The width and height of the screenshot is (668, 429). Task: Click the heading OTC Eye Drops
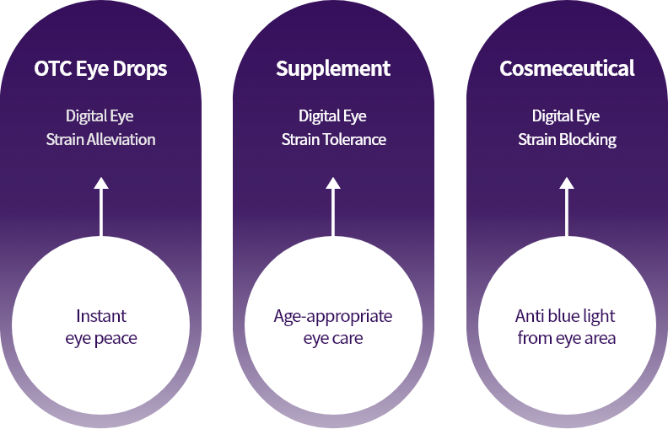click(100, 69)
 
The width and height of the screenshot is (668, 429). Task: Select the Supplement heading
click(333, 69)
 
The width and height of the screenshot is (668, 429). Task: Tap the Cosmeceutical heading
click(567, 69)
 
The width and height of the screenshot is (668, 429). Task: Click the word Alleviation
click(121, 140)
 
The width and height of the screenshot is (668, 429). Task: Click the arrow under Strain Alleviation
click(101, 207)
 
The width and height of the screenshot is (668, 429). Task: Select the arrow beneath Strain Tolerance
click(333, 207)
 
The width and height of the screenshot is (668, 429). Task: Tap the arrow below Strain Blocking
click(567, 207)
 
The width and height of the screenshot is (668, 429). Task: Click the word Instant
click(101, 317)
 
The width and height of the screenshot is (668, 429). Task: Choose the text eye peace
click(101, 339)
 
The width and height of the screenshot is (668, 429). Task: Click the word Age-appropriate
click(333, 317)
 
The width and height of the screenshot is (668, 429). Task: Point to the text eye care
click(333, 339)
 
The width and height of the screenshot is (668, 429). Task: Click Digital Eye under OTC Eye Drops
click(100, 116)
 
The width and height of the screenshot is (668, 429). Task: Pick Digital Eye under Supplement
click(332, 116)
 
